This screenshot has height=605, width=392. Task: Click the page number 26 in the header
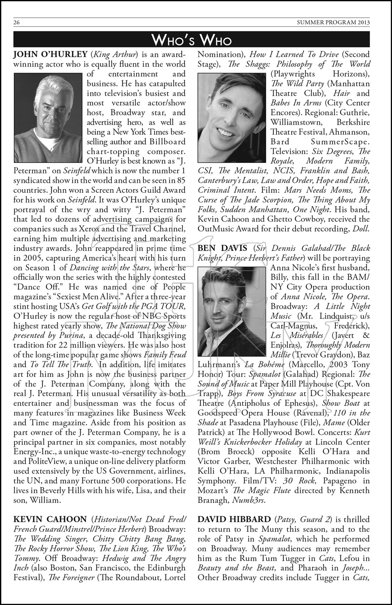pyautogui.click(x=17, y=23)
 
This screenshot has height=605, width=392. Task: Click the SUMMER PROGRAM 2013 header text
pyautogui.click(x=333, y=23)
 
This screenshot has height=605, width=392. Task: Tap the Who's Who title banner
pyautogui.click(x=191, y=40)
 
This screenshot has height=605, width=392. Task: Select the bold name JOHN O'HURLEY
pyautogui.click(x=50, y=54)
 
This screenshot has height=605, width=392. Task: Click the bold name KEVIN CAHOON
pyautogui.click(x=50, y=519)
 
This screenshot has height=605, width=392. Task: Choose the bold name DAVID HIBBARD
pyautogui.click(x=234, y=519)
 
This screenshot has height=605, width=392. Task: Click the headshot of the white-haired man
pyautogui.click(x=48, y=117)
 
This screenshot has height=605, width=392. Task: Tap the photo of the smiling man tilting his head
pyautogui.click(x=232, y=117)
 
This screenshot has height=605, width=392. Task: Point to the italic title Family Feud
pyautogui.click(x=165, y=355)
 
